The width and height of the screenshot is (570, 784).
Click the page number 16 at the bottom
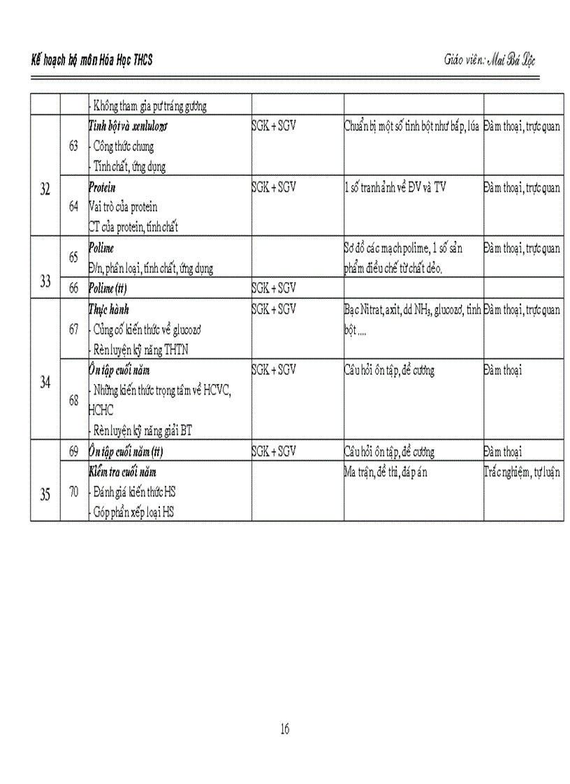(x=284, y=729)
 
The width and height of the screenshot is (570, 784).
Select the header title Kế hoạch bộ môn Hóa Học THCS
(x=92, y=61)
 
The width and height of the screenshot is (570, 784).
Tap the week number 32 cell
(x=45, y=191)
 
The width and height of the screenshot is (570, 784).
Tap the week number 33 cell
(x=45, y=281)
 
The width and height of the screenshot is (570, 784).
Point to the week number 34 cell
(x=45, y=382)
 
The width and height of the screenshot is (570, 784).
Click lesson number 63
(x=73, y=147)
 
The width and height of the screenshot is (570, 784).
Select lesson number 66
(x=73, y=288)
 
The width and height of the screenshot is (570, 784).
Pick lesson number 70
(x=73, y=491)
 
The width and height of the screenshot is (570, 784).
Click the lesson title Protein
(x=103, y=187)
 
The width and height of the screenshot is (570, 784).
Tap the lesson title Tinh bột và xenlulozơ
(x=128, y=127)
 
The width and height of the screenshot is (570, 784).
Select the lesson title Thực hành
(x=109, y=309)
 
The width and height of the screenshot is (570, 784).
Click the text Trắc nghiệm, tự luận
(x=522, y=472)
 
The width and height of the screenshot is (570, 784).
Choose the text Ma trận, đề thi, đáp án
(x=386, y=472)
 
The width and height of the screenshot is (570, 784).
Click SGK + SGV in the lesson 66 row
(x=274, y=288)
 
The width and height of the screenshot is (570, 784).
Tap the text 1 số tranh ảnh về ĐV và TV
(x=395, y=187)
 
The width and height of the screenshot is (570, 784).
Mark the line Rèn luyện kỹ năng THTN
(x=140, y=350)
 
